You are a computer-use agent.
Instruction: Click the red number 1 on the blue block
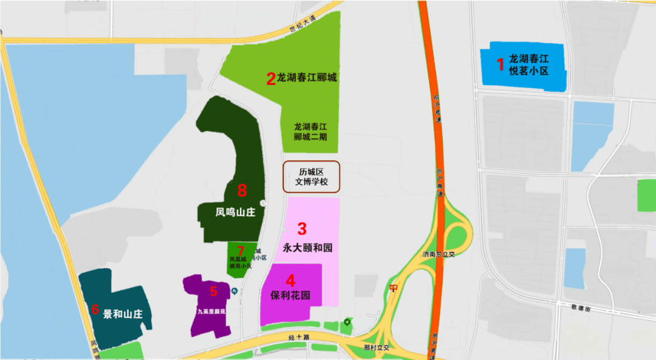tap(501, 64)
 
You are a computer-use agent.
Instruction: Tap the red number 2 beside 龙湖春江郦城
tap(271, 78)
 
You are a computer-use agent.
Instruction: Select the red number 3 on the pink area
tap(301, 229)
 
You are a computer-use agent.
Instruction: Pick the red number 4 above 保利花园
tap(291, 280)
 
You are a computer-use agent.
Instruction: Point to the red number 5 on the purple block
tap(213, 291)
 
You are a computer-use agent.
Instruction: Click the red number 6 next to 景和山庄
tap(95, 309)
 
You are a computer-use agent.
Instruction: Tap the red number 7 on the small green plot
tap(241, 251)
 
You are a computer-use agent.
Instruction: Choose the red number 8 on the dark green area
tap(242, 191)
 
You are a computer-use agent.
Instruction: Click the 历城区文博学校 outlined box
tap(312, 177)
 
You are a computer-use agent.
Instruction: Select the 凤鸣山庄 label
tap(234, 213)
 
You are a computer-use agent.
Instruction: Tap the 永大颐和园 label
tap(308, 248)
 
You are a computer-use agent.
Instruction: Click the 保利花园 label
tap(290, 296)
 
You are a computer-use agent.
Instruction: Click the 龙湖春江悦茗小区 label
tap(528, 65)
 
